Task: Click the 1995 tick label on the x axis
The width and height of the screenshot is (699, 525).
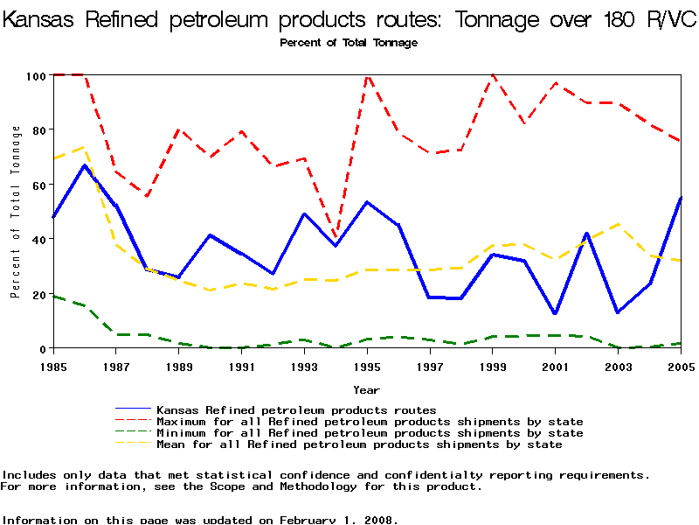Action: point(367,366)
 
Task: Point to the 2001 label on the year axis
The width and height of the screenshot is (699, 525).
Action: point(556,366)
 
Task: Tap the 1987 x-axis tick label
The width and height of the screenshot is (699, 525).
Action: point(115,366)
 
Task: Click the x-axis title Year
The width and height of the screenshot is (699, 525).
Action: point(366,389)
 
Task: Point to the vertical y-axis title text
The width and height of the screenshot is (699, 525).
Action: point(16,211)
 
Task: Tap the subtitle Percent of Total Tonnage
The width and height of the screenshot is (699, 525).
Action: point(349,43)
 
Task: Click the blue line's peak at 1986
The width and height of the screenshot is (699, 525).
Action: point(84,165)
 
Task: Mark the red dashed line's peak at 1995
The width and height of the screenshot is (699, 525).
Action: point(367,76)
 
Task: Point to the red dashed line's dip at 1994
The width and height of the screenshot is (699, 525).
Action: point(336,238)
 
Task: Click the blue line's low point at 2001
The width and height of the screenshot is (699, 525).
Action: point(556,313)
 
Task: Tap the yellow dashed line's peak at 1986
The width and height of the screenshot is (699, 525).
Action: point(84,147)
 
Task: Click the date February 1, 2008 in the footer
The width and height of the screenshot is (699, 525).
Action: point(338,520)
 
